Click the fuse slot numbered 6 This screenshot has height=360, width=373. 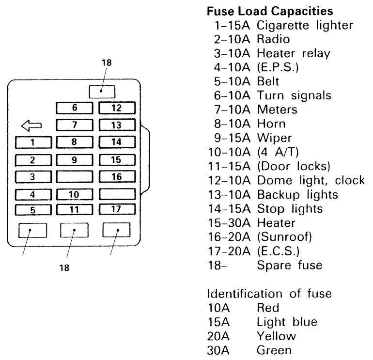click(x=75, y=108)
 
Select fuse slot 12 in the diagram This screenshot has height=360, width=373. click(x=117, y=108)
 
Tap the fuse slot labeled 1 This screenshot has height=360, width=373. click(x=33, y=142)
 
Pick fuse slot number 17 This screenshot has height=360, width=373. click(x=117, y=209)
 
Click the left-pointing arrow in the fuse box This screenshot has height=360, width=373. click(x=31, y=125)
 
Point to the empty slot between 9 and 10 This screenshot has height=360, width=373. click(x=75, y=177)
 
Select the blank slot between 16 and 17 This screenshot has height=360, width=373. click(x=117, y=194)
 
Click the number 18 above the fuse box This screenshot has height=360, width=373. click(x=107, y=63)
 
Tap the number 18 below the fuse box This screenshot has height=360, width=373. click(x=64, y=268)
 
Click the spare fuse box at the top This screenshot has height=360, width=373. click(x=102, y=92)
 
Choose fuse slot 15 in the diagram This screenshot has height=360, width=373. click(x=117, y=160)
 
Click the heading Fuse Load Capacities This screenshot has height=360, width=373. click(x=270, y=11)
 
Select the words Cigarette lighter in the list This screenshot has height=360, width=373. click(x=305, y=26)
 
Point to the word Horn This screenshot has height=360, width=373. click(x=271, y=124)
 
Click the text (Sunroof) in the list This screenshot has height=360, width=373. click(x=284, y=237)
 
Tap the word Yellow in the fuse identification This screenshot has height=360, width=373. click(x=277, y=336)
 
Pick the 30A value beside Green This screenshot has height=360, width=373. click(x=218, y=350)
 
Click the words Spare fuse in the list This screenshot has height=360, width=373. click(x=290, y=265)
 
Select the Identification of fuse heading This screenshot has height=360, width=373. click(x=269, y=294)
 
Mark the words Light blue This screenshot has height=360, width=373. click(x=287, y=322)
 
